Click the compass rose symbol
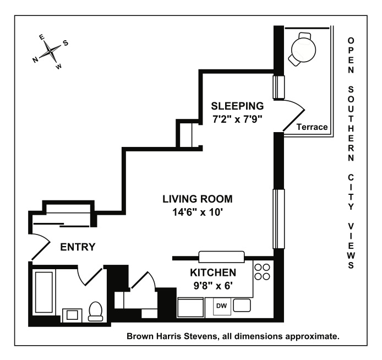pyautogui.click(x=50, y=52)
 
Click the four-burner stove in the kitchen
pyautogui.click(x=263, y=273)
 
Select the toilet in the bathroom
pyautogui.click(x=95, y=311)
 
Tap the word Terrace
pyautogui.click(x=312, y=127)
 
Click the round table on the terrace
pyautogui.click(x=304, y=48)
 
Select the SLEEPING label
pyautogui.click(x=238, y=106)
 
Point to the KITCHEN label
pyautogui.click(x=213, y=272)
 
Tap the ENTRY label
pyautogui.click(x=78, y=247)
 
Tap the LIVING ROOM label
pyautogui.click(x=197, y=199)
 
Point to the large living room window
pyautogui.click(x=279, y=219)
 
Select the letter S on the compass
pyautogui.click(x=66, y=43)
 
